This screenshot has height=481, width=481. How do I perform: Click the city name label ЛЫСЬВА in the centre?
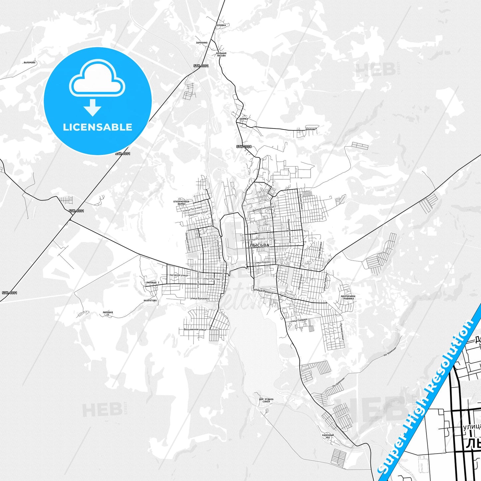[x=259, y=245]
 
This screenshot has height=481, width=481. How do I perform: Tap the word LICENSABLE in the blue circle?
[x=98, y=127]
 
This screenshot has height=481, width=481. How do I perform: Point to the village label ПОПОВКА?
[x=221, y=25]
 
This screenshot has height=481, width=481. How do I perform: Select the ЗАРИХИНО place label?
[x=202, y=43]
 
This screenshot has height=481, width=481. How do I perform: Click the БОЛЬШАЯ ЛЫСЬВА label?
[x=221, y=54]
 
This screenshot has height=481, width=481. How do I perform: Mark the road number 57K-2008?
[x=244, y=146]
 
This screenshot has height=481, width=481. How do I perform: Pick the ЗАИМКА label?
[x=244, y=119]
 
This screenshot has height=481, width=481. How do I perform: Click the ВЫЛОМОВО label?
[x=30, y=63]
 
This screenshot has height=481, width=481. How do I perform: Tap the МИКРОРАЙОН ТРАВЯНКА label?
[x=348, y=297]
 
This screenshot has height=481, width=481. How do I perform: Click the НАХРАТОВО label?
[x=150, y=301]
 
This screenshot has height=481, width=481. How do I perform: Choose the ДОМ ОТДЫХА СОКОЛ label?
[x=266, y=400]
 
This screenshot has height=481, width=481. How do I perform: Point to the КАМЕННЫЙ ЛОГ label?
[x=328, y=436]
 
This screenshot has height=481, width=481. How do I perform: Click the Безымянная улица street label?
[x=195, y=330]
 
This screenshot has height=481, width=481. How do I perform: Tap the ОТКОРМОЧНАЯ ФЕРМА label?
[x=181, y=203]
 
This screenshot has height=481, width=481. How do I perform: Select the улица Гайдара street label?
[x=299, y=321]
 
